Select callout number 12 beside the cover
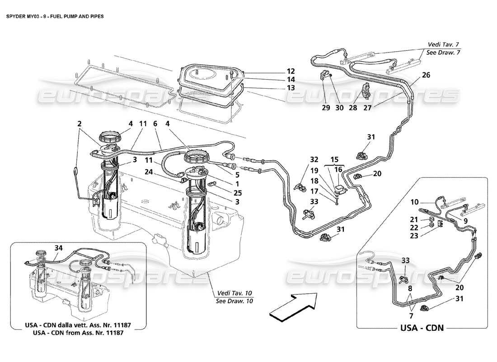290,71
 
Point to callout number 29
326,109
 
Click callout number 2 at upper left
79,123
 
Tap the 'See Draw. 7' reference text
443,52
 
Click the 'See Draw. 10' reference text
234,301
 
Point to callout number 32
314,159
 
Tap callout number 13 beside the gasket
290,87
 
